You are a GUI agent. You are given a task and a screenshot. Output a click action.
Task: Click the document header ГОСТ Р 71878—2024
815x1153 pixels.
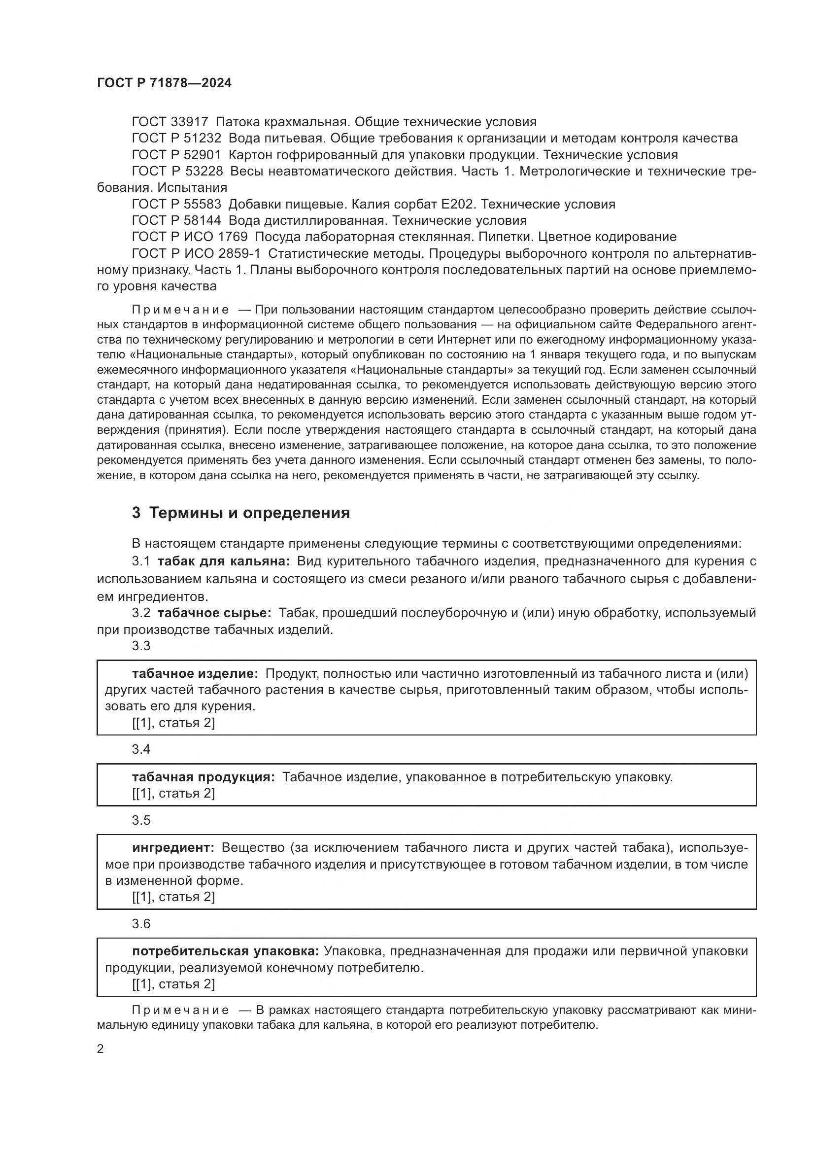pyautogui.click(x=164, y=83)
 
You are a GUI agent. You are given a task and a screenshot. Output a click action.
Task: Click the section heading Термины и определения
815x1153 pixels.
pyautogui.click(x=249, y=513)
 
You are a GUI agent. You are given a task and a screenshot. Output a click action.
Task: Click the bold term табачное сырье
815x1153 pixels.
pyautogui.click(x=214, y=613)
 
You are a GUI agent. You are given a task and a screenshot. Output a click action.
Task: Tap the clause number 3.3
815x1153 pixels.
pyautogui.click(x=141, y=646)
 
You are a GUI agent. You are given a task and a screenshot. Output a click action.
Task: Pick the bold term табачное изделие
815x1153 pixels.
pyautogui.click(x=195, y=673)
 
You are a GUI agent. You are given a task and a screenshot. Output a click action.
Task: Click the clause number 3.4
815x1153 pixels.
pyautogui.click(x=141, y=749)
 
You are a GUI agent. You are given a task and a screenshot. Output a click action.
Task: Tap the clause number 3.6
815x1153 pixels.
pyautogui.click(x=141, y=924)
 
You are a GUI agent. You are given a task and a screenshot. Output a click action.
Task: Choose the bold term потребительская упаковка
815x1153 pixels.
pyautogui.click(x=225, y=951)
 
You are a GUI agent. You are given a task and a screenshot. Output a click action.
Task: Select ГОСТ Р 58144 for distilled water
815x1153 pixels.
pyautogui.click(x=176, y=220)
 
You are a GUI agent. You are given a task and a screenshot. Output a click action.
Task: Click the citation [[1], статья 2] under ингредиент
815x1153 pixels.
pyautogui.click(x=173, y=897)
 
